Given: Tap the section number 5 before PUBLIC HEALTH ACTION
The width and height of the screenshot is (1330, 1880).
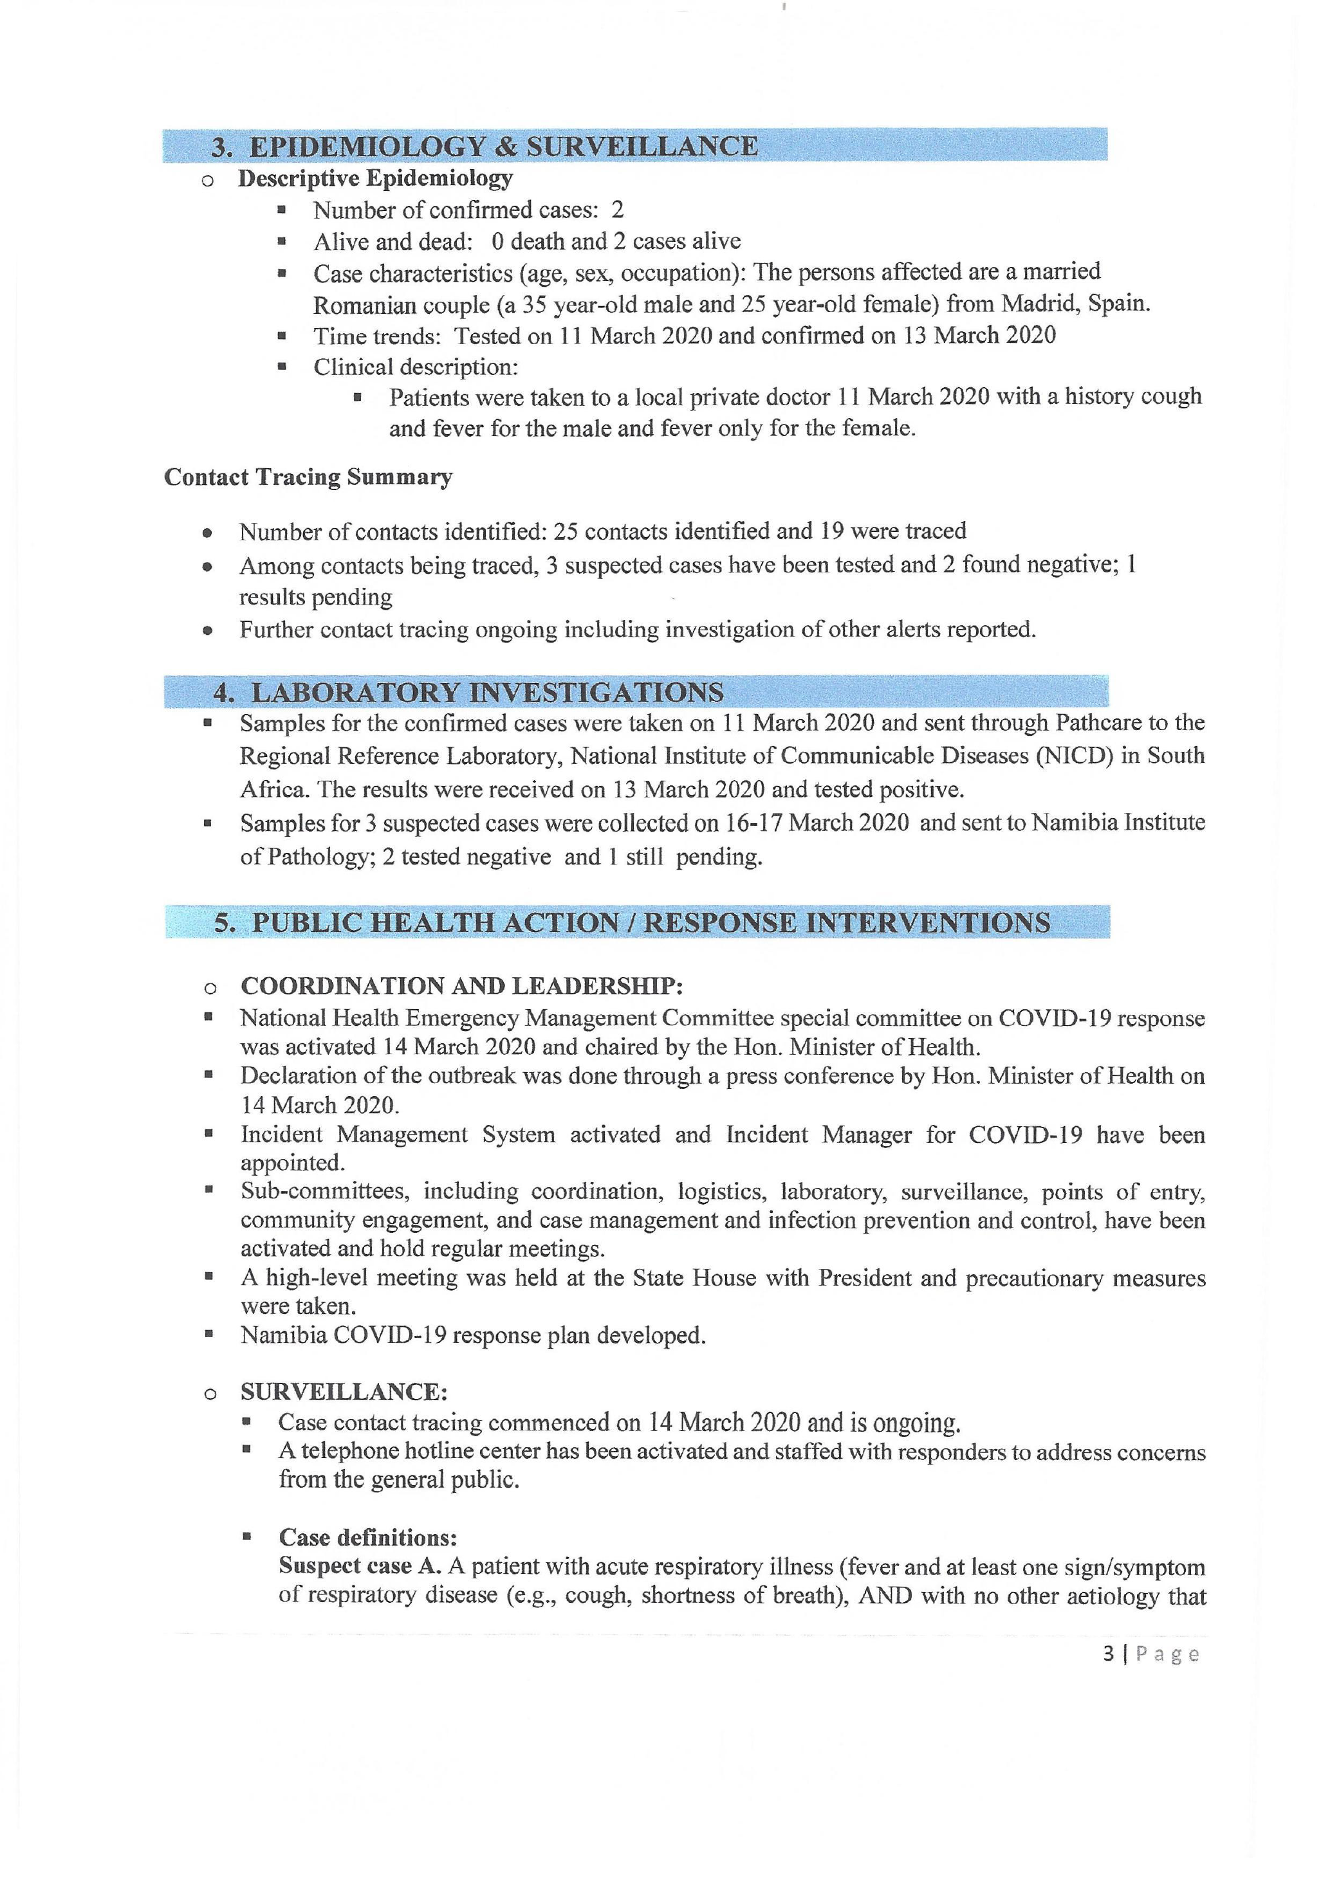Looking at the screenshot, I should [225, 923].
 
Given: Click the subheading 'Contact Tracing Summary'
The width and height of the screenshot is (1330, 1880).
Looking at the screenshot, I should [308, 477].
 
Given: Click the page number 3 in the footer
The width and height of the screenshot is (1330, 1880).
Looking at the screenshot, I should [1108, 1653].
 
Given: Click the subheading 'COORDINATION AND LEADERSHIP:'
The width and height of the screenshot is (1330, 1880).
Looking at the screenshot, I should [462, 985].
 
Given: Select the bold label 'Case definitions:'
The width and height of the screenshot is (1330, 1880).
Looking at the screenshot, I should [367, 1537].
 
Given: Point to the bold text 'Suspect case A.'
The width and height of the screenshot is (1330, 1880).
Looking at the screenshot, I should [360, 1565].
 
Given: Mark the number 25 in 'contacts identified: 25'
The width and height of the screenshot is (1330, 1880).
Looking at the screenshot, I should [566, 531].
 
